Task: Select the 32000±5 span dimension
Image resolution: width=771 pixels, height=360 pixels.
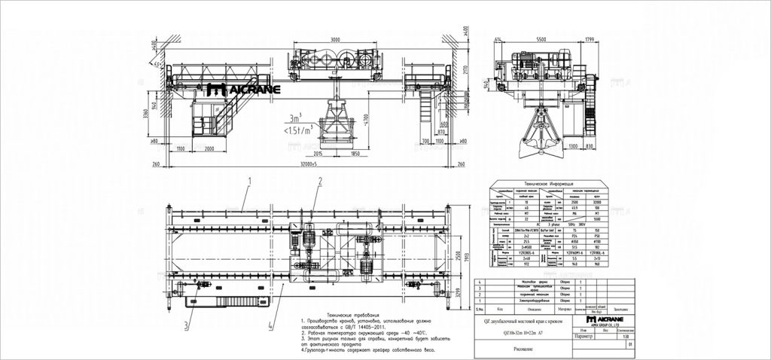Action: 309,163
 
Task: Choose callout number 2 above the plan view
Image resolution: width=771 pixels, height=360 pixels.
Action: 319,182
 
